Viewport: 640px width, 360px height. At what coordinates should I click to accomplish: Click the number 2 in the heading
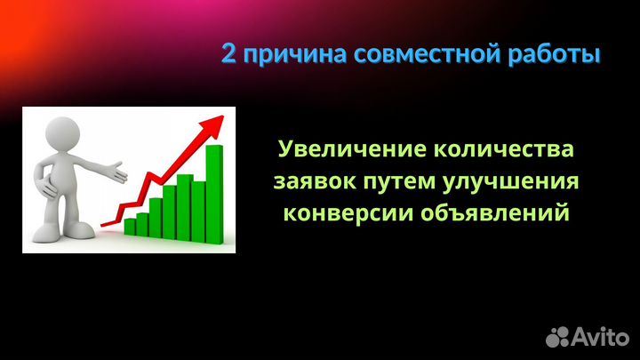pos(229,54)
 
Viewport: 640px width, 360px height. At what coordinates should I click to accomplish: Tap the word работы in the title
pos(556,54)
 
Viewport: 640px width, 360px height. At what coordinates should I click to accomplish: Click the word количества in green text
pos(502,148)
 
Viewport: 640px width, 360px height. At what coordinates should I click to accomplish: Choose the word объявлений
pos(491,214)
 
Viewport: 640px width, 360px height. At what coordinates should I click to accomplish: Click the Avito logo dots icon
pos(558,334)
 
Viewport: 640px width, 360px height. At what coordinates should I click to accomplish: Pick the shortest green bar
pos(130,227)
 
